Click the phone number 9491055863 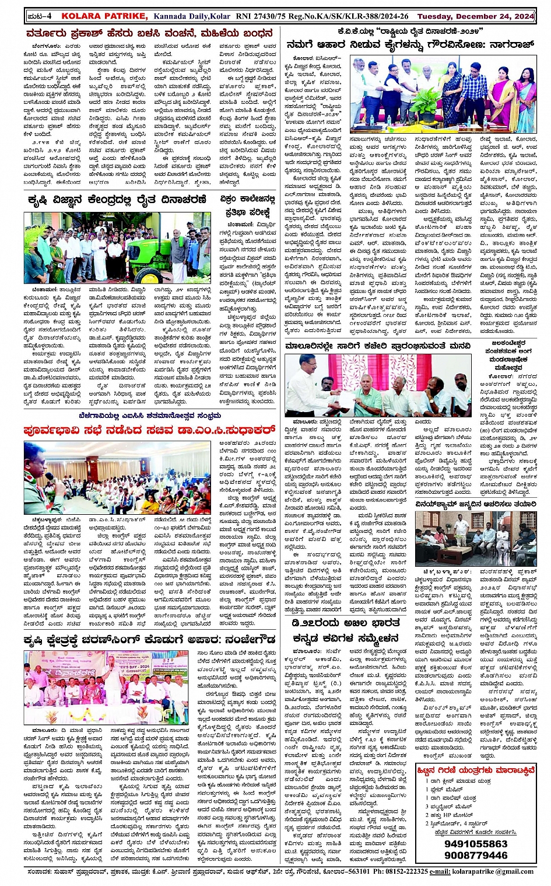(x=475, y=843)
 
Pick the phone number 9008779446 (x=475, y=855)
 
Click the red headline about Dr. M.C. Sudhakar (x=149, y=430)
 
